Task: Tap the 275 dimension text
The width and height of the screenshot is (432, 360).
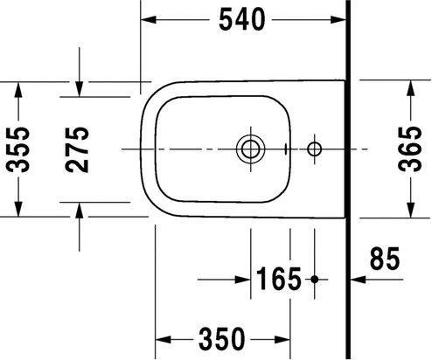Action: pyautogui.click(x=80, y=149)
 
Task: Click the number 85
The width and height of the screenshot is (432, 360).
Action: pyautogui.click(x=385, y=260)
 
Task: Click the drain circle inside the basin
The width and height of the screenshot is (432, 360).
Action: pyautogui.click(x=250, y=148)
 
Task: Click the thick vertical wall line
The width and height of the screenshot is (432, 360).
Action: pyautogui.click(x=347, y=175)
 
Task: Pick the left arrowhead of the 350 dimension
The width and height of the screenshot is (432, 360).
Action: pyautogui.click(x=161, y=337)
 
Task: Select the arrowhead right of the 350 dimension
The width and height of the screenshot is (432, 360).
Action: pyautogui.click(x=283, y=337)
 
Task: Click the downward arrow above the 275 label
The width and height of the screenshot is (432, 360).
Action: pyautogui.click(x=80, y=88)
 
